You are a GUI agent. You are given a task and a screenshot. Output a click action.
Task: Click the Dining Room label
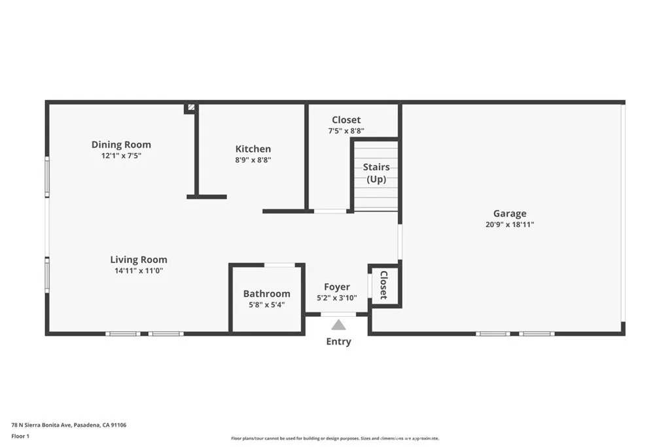[121, 145]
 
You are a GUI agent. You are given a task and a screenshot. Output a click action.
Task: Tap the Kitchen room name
[253, 149]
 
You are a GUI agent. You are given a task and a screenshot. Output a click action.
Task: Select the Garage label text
[510, 213]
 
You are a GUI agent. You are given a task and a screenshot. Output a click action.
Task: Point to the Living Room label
[138, 259]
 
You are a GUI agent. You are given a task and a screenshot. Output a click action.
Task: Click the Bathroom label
[266, 294]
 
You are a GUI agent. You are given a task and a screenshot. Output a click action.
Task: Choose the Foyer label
[337, 287]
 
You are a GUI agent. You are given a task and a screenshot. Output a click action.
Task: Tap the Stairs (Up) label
[376, 173]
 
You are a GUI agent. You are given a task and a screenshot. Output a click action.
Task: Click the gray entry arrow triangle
[338, 324]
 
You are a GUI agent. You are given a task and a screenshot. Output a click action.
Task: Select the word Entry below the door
[338, 342]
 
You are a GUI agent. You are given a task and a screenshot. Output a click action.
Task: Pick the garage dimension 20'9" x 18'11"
[510, 224]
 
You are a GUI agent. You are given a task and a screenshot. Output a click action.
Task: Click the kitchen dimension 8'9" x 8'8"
[253, 160]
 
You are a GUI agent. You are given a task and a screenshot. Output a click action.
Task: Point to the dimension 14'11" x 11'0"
[138, 270]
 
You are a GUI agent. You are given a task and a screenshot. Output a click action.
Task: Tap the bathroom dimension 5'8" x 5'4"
[266, 304]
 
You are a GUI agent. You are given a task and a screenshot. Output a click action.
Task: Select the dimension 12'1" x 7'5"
[121, 156]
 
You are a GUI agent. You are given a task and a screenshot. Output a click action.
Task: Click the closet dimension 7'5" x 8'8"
[346, 131]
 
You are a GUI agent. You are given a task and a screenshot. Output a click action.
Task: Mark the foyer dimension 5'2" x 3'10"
[337, 298]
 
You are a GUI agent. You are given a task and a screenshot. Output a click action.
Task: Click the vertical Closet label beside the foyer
[384, 285]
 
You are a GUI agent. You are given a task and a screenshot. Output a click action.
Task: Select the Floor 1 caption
[20, 436]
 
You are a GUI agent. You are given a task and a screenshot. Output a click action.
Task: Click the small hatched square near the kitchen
[190, 107]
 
